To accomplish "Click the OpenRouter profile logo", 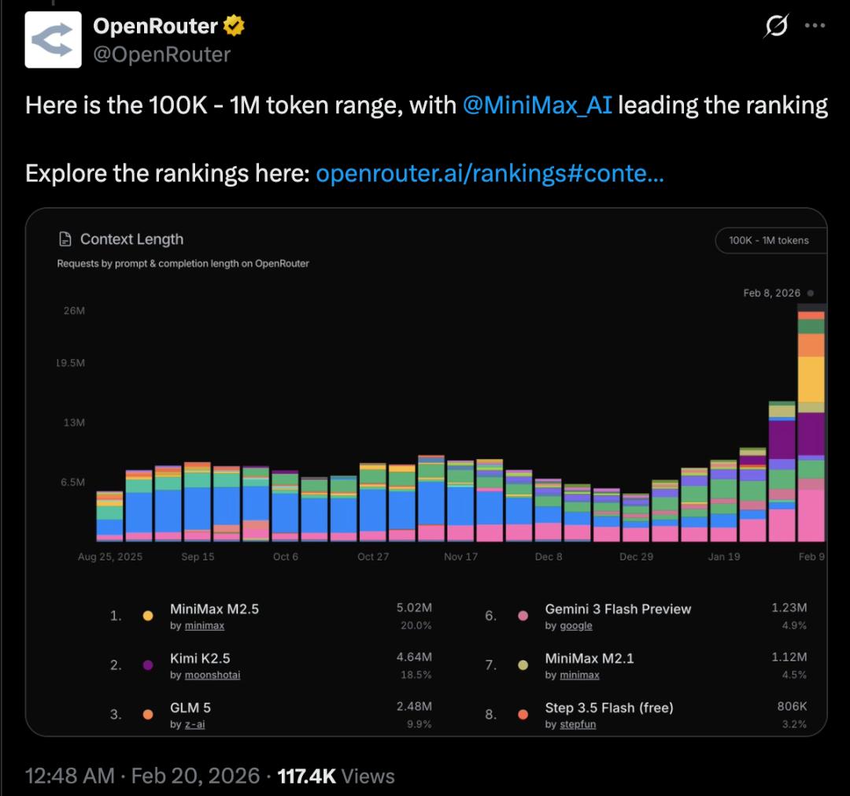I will [54, 39].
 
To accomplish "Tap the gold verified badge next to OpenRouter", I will [234, 26].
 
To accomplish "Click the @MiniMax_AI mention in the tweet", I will [537, 105].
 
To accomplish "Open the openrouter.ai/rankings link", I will [490, 173].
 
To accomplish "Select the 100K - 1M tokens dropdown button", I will [769, 240].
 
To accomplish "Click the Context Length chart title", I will [131, 239].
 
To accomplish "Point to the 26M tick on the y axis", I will [74, 311].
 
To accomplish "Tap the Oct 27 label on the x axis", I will [373, 557].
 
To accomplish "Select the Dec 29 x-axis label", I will [635, 557].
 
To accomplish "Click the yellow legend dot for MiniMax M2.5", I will [148, 616].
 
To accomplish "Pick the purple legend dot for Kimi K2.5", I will [148, 665].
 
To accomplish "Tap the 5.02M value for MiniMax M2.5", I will [414, 609].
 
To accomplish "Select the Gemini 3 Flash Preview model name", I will [618, 609].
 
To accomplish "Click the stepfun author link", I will [578, 724].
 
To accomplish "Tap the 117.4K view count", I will [307, 776].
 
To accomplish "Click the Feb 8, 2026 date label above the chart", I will [771, 293].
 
